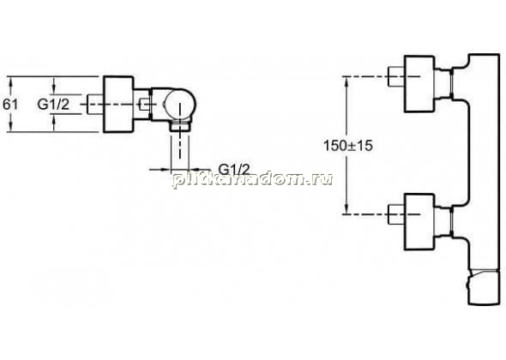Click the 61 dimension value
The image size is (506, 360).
[x=10, y=105]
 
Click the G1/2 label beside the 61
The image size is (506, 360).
[x=53, y=105]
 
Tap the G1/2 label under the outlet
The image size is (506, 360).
[x=234, y=169]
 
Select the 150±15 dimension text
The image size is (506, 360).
[x=348, y=146]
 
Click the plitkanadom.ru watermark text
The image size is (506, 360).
[x=253, y=179]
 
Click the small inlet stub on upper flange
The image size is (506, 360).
[x=396, y=76]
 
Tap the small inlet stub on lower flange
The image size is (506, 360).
[x=396, y=214]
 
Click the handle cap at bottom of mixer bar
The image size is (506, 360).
[x=484, y=287]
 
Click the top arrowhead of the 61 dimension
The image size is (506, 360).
[x=11, y=81]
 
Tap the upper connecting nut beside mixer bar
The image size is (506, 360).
[x=451, y=83]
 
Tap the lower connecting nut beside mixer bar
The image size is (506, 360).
[x=451, y=220]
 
